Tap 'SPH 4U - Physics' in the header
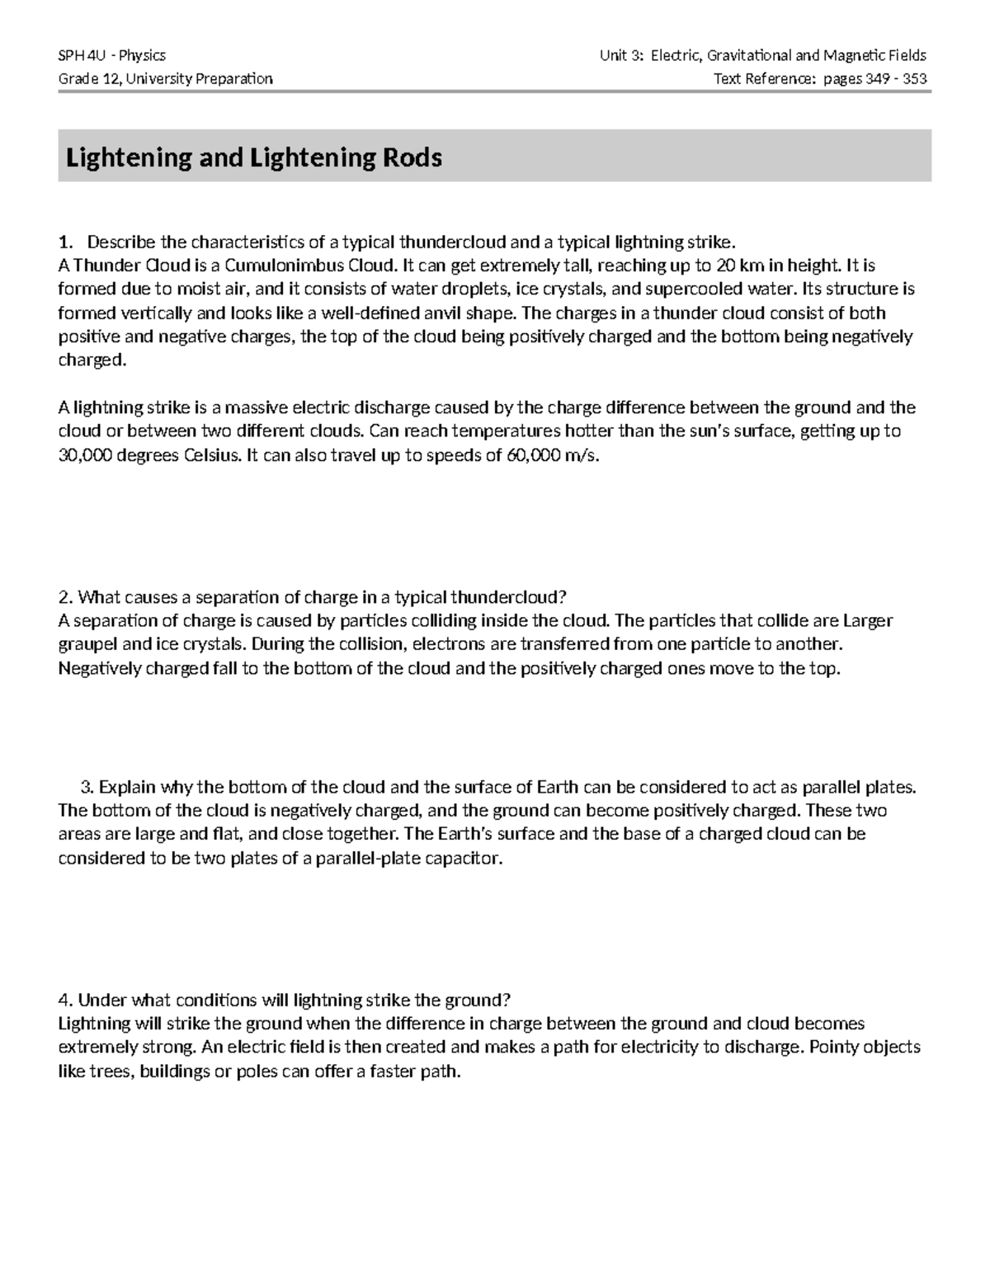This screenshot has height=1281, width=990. click(111, 55)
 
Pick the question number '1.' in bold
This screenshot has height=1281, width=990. click(64, 243)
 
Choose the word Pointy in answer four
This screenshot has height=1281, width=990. click(838, 1048)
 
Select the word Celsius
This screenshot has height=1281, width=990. click(213, 455)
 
